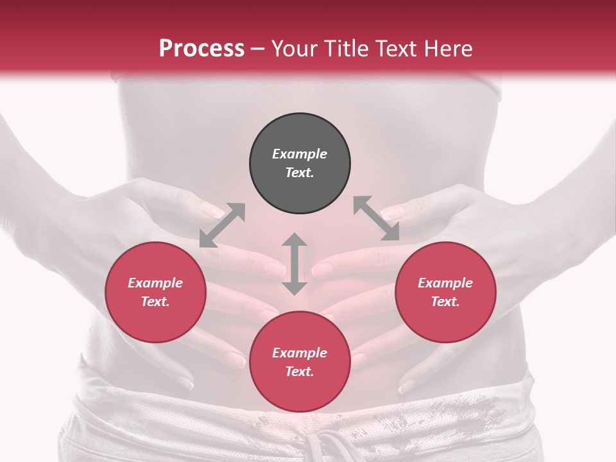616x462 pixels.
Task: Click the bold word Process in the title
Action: pyautogui.click(x=201, y=49)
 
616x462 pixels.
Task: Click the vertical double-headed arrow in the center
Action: pyautogui.click(x=295, y=264)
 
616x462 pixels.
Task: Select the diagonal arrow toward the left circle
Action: pyautogui.click(x=222, y=225)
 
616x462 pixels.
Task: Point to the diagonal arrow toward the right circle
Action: pyautogui.click(x=377, y=218)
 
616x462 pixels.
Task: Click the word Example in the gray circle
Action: pyautogui.click(x=300, y=154)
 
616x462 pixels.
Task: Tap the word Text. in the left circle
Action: pyautogui.click(x=155, y=302)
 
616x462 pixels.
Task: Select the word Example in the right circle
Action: pyautogui.click(x=445, y=283)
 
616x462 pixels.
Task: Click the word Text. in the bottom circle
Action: pyautogui.click(x=300, y=372)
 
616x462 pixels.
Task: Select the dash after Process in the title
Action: pyautogui.click(x=257, y=49)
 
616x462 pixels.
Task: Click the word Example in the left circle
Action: pyautogui.click(x=155, y=283)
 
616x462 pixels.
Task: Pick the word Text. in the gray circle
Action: pyautogui.click(x=300, y=173)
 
